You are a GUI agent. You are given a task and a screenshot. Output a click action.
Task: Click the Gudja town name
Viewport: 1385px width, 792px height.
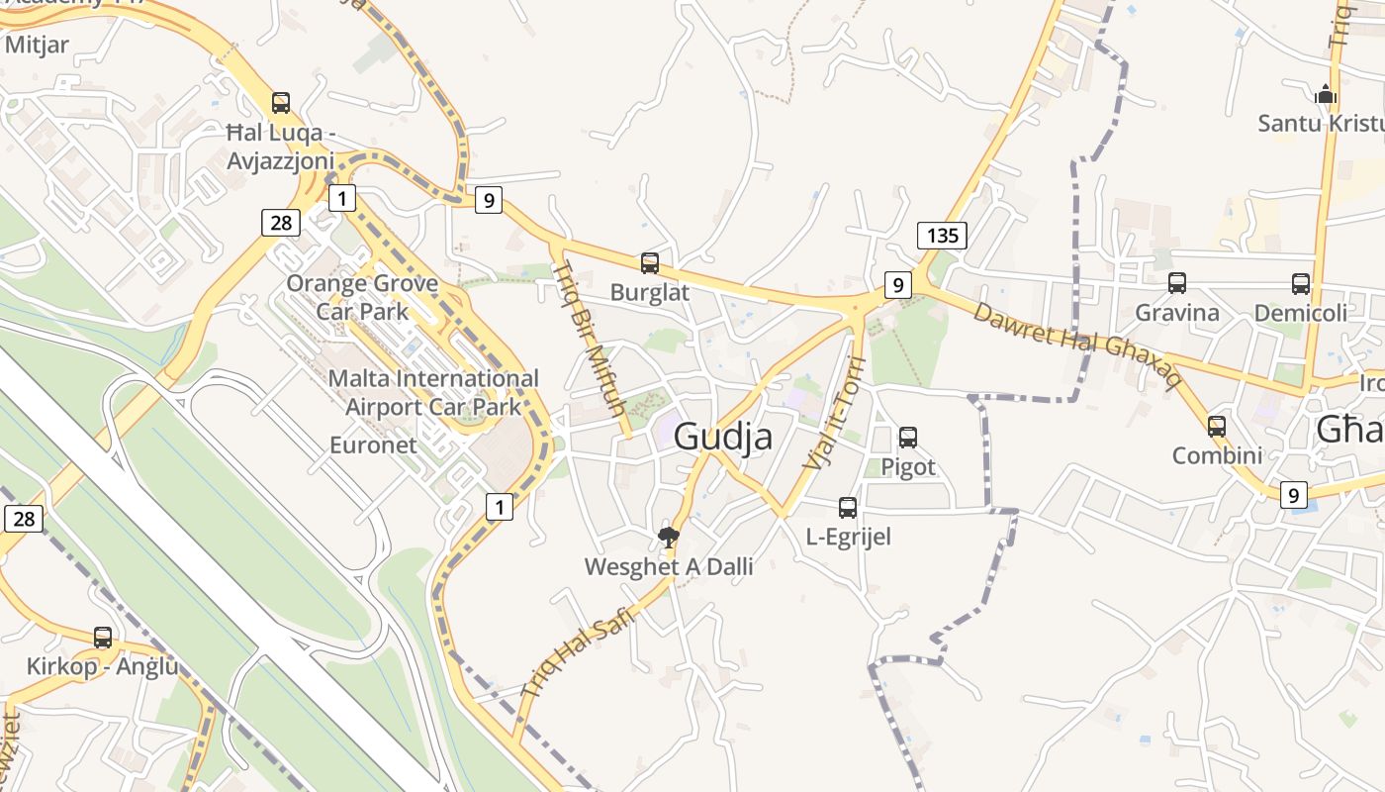723,437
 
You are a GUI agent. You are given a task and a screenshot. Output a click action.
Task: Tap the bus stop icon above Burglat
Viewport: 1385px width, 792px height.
650,263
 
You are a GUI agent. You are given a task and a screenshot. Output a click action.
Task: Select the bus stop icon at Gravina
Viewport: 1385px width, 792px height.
1177,283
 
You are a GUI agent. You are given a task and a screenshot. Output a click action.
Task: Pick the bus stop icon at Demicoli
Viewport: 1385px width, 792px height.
1301,284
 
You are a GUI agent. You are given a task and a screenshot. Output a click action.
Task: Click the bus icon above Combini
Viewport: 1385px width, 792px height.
1217,427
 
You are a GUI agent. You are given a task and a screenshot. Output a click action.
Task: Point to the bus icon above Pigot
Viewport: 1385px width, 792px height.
908,437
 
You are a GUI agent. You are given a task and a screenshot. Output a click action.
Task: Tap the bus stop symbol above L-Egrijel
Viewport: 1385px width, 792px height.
848,508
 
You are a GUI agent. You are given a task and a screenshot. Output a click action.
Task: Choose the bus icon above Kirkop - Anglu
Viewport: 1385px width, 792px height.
103,638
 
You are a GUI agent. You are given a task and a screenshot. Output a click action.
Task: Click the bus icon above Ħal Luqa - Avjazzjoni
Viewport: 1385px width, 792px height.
281,103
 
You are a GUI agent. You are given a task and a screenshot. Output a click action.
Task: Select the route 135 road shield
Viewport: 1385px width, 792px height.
942,236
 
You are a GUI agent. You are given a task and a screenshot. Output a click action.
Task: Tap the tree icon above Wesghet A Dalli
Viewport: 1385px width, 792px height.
669,538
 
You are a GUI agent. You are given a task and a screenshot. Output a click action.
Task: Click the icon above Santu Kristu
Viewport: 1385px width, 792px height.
1326,95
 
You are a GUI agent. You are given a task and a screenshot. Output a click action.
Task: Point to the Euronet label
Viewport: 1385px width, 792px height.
373,445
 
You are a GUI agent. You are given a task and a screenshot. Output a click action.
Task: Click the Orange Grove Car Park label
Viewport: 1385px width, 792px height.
362,297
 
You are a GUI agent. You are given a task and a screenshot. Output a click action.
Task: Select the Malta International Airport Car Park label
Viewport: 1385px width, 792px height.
433,392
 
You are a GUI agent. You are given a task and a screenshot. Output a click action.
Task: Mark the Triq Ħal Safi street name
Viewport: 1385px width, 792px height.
577,653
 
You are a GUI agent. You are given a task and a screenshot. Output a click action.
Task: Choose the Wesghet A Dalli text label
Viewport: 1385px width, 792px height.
669,567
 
